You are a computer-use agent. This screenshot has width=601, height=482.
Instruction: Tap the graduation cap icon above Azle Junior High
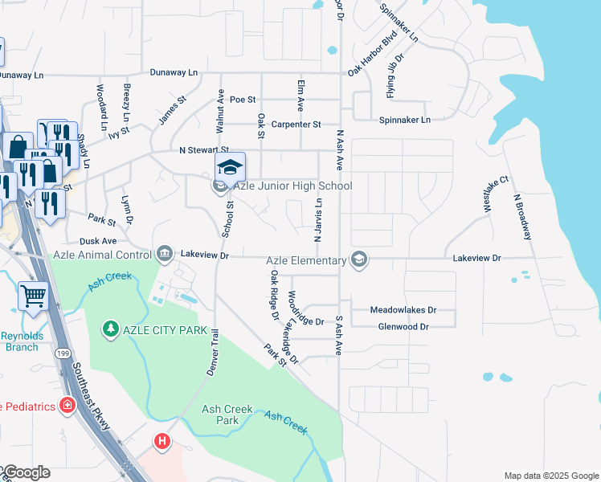tap(230, 167)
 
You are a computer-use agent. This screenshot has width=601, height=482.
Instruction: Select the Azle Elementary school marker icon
tap(359, 259)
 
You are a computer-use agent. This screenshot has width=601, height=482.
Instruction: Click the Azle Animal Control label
tap(102, 255)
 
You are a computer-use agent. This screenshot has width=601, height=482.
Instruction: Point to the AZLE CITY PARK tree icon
tap(109, 329)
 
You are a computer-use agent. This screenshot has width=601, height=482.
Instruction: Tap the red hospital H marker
tap(163, 441)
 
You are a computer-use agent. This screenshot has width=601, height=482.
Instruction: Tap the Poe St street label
tap(242, 100)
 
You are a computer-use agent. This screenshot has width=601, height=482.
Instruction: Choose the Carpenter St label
tap(296, 125)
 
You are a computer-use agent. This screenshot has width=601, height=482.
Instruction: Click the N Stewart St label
tap(204, 150)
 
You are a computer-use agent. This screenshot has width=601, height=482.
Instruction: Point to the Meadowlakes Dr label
tap(403, 309)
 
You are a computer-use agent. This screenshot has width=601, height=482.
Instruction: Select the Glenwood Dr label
tap(403, 327)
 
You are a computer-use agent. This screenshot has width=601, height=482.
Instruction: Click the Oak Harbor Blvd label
tap(373, 56)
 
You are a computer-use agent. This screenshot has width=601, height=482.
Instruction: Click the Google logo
tap(26, 472)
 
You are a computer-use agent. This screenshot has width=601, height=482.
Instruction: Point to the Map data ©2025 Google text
tap(550, 476)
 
